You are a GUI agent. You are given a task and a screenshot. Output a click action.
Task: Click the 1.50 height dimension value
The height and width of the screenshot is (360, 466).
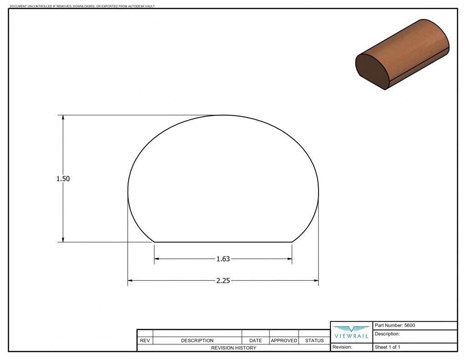[x=63, y=179]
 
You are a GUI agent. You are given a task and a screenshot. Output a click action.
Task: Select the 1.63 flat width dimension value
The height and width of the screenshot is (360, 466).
[x=223, y=259]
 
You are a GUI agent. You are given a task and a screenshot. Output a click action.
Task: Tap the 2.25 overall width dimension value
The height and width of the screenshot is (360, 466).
[x=223, y=281]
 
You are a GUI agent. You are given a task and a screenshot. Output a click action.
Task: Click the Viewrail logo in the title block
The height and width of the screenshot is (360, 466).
[x=351, y=332]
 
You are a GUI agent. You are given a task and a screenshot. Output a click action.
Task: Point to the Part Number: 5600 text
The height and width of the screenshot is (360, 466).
[x=395, y=325]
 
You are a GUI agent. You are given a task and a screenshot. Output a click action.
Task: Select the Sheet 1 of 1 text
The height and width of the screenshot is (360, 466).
[x=387, y=347]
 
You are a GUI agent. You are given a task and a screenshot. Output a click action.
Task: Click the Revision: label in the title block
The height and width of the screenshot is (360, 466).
[x=342, y=347]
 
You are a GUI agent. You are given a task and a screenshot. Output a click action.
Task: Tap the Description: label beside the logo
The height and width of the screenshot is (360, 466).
[x=387, y=334]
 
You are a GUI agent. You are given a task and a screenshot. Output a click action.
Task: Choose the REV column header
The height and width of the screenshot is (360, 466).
[x=145, y=340]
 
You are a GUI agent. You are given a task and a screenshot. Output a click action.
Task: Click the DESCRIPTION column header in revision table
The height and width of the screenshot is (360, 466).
[x=197, y=340]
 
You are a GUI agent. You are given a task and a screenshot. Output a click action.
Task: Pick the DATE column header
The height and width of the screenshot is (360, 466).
[x=255, y=340]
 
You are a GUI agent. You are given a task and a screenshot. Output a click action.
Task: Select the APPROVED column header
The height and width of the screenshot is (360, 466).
[x=284, y=340]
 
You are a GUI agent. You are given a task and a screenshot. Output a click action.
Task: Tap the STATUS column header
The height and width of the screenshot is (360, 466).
[x=314, y=340]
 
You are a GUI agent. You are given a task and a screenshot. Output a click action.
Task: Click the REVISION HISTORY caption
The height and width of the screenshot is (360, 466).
[x=233, y=348]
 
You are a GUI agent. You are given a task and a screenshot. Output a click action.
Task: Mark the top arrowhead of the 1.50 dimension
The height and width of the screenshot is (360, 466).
[x=63, y=118]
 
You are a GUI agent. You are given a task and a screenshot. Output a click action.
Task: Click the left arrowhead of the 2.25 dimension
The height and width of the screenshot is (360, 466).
[x=130, y=281]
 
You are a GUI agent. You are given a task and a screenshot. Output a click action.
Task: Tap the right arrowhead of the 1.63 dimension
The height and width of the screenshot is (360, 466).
[x=289, y=259]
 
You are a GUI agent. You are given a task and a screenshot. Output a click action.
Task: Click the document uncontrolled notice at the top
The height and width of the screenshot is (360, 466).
[x=82, y=6]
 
